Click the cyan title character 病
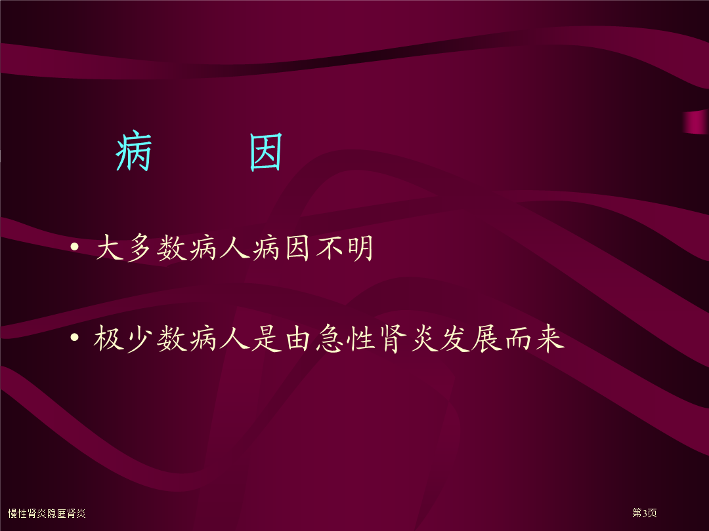tap(133, 151)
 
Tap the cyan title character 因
tap(266, 152)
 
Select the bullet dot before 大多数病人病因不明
tap(75, 246)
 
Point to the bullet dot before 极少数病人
tap(75, 338)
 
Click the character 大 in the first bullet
tap(110, 247)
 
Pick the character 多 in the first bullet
tap(140, 247)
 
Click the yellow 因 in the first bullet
tap(297, 247)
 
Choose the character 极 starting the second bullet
tap(109, 338)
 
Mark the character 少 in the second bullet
tap(140, 338)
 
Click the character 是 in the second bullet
tap(267, 338)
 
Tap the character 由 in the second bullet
tap(298, 338)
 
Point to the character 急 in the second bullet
tap(329, 338)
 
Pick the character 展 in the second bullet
tap(486, 338)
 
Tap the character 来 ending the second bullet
tap(550, 338)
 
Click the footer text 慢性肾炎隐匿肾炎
tap(47, 513)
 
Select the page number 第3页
tap(645, 513)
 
